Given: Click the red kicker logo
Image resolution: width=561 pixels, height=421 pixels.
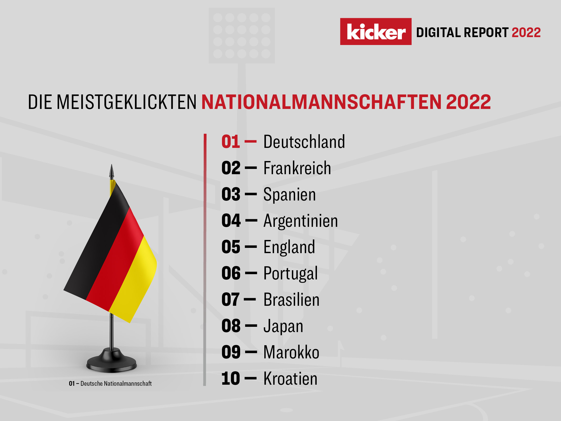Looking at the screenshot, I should pos(376,32).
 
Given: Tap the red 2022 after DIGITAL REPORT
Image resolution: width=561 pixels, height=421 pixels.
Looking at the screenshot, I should pos(526,33).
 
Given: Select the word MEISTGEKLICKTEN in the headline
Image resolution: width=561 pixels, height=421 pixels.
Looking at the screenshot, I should pos(126,102).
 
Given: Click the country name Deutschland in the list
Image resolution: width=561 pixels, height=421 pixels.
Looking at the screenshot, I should pos(304,142).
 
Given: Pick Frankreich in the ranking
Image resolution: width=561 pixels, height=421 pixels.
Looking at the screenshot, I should pos(297,168).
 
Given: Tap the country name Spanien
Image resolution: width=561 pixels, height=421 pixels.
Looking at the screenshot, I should pos(290,195).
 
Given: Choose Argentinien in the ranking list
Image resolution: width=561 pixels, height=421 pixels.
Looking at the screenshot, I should pos(301,221).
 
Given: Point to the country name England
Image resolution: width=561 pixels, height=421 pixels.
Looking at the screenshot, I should pos(289,247).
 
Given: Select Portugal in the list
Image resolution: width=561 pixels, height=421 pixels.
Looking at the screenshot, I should pos(291,274).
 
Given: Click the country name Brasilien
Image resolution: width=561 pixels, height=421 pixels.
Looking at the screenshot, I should pos(291,300).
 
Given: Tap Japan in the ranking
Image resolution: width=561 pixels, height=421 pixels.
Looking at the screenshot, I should pos(283,326).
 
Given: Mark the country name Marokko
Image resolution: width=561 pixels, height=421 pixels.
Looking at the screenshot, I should pos(291,352).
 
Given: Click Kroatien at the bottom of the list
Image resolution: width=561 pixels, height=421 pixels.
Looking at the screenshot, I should pos(290,379).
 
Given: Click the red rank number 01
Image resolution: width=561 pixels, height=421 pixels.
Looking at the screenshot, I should pos(231,142).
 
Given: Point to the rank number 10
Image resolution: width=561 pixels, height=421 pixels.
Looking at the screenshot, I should pos(231,379).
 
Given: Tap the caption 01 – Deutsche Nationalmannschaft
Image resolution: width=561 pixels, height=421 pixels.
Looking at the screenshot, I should pos(110,384).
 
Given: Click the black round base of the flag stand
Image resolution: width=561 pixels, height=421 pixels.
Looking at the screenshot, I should pos(112,363).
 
